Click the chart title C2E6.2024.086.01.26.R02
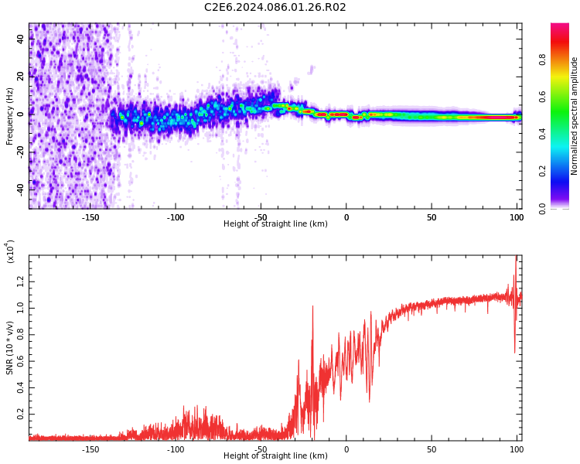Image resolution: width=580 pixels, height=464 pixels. click(275, 8)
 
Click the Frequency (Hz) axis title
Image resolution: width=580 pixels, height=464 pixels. click(10, 116)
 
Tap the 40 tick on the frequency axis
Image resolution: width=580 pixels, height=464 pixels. click(21, 39)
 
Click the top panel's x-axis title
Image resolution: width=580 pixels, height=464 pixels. click(275, 224)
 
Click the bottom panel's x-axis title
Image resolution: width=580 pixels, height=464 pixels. click(275, 456)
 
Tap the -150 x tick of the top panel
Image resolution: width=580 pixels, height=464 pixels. click(90, 217)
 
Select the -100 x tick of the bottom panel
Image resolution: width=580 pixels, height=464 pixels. click(176, 449)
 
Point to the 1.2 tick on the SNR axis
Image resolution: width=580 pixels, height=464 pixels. click(21, 281)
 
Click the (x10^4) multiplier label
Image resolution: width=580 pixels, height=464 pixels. click(11, 251)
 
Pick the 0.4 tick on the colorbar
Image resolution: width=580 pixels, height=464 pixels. click(543, 134)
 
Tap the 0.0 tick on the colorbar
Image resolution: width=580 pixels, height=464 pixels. click(543, 208)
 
